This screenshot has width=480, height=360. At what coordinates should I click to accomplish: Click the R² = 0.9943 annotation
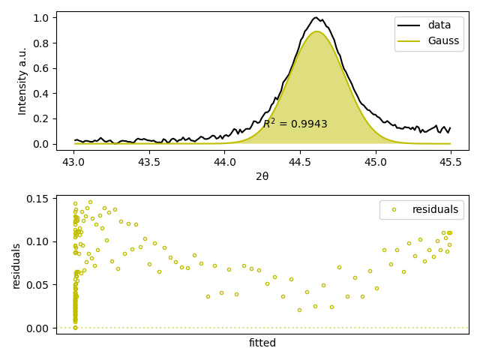[x=295, y=124]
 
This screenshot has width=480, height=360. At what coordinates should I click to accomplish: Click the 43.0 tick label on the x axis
[x=73, y=161]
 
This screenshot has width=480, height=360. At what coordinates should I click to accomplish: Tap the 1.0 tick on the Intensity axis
[x=42, y=17]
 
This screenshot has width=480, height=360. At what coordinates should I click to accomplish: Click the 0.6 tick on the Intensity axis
[x=42, y=68]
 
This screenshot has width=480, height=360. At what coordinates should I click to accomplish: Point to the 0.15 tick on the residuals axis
[x=39, y=199]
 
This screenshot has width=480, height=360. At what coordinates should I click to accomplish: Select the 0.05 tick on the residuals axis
[x=39, y=285]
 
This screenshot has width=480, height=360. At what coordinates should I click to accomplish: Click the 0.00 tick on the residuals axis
[x=39, y=328]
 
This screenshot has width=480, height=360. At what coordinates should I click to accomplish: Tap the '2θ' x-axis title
[x=262, y=176]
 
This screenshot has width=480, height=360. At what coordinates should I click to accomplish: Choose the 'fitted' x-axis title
[x=262, y=343]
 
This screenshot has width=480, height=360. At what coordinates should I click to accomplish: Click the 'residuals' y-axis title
[x=16, y=265]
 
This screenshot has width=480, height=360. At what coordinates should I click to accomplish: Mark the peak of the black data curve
[x=316, y=17]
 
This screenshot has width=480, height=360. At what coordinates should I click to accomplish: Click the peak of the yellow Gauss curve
[x=317, y=31]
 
